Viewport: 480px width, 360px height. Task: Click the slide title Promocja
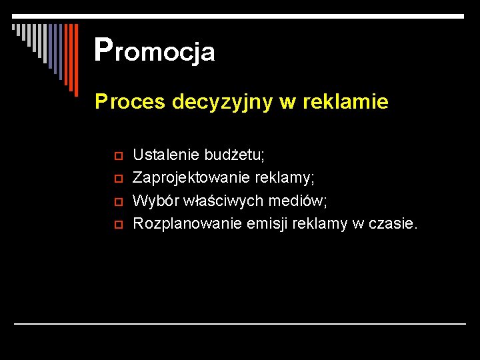(x=155, y=50)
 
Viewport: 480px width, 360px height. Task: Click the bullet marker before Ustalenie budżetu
(x=115, y=156)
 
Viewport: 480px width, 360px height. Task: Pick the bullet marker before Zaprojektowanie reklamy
(x=115, y=179)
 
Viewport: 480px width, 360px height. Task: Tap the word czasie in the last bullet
(x=395, y=223)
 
